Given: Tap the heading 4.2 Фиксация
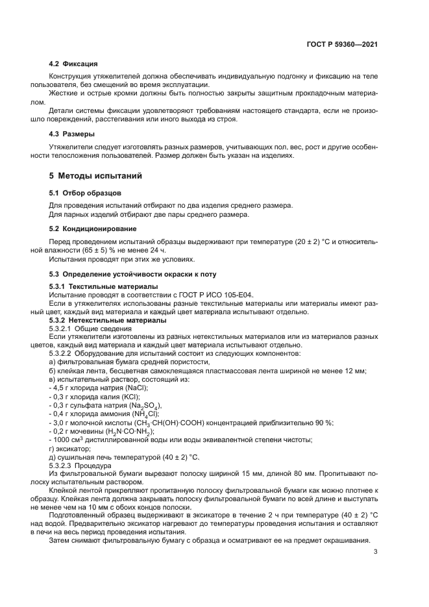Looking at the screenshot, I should click(73, 64).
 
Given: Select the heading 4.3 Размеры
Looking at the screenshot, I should click(72, 134).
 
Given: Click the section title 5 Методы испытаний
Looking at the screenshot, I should click(95, 176).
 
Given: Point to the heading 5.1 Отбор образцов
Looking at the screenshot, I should click(85, 193).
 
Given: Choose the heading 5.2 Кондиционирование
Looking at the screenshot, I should click(93, 229).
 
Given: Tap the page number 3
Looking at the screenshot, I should click(376, 552).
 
